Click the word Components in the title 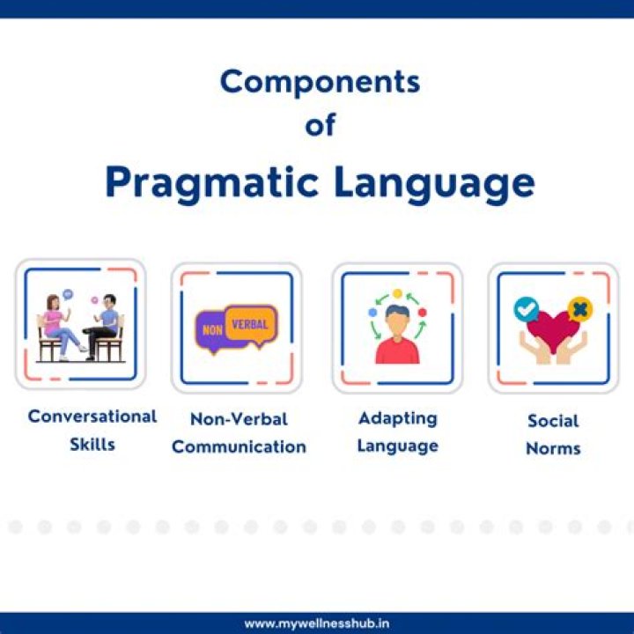[320, 82]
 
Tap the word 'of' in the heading [320, 125]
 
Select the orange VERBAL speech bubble [250, 323]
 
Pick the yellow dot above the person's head [397, 293]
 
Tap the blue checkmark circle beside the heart [527, 308]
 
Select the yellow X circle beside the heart [579, 309]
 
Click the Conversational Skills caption [92, 430]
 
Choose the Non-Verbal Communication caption [239, 432]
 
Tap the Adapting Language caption [397, 431]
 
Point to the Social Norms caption [553, 434]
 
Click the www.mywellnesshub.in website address [317, 623]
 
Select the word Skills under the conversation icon [92, 444]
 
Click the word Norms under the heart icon [553, 448]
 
